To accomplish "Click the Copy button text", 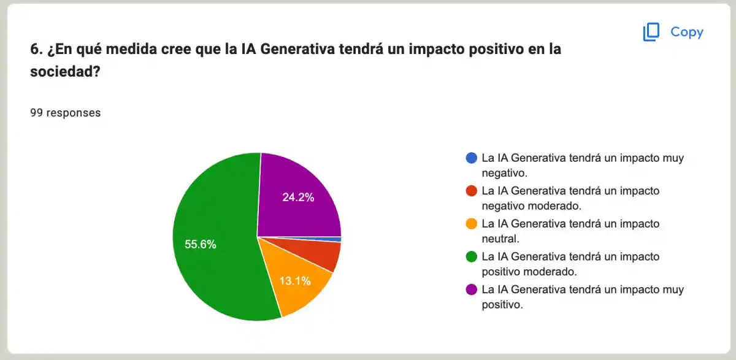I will tap(686, 32).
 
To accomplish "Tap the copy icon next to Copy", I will tap(651, 32).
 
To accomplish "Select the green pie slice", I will tap(215, 258).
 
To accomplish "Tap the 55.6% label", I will tap(201, 244).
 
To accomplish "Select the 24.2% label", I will tap(298, 197).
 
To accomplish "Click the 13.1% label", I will tap(296, 281).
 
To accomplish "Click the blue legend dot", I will tap(471, 158).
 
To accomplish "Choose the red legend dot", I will tap(471, 191).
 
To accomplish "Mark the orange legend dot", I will tap(471, 224).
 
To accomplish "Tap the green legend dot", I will tap(471, 256).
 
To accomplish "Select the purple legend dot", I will tap(471, 289).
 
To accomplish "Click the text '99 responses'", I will tap(65, 113).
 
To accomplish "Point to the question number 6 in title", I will tap(35, 49).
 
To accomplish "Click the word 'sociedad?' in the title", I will tap(65, 71).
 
